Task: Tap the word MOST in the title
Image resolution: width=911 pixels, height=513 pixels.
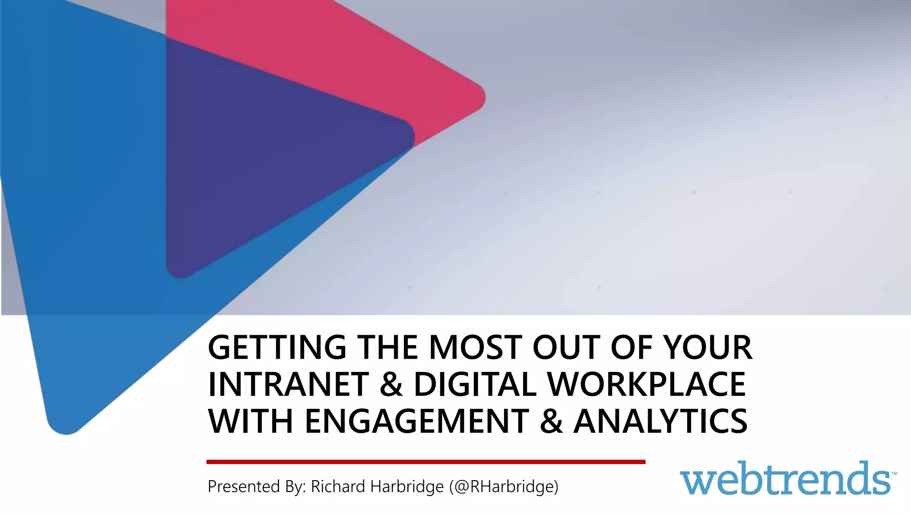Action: click(475, 347)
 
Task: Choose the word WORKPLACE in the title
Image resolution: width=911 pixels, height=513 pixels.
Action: click(647, 384)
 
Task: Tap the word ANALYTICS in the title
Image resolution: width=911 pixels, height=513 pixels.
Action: click(660, 421)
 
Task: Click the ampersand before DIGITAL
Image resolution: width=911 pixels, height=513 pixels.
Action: click(391, 385)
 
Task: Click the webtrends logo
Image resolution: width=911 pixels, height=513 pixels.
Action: click(785, 479)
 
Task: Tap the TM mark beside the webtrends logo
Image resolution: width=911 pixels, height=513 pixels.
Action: click(894, 474)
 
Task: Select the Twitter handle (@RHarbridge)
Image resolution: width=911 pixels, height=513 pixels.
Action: click(504, 486)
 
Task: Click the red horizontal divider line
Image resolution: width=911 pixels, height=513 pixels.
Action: click(426, 462)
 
